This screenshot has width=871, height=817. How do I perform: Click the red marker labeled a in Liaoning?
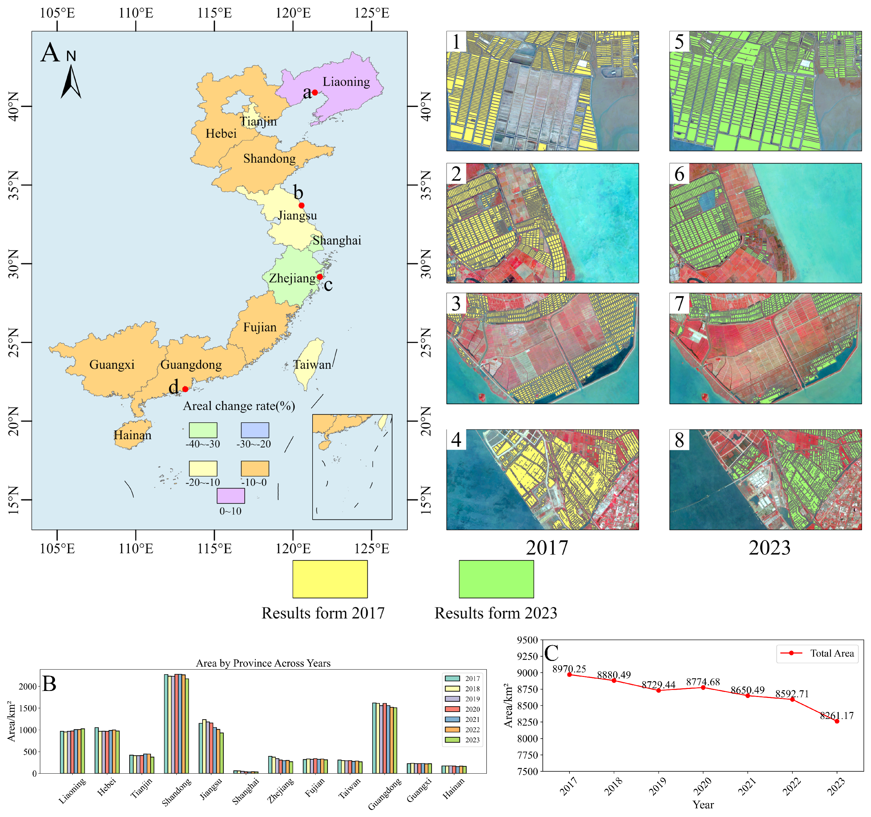pos(315,92)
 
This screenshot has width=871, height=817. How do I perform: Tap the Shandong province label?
pos(270,159)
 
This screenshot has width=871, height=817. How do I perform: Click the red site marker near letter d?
pos(185,389)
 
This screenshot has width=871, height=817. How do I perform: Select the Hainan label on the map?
pos(132,435)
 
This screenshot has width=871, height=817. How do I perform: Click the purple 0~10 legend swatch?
pos(231,496)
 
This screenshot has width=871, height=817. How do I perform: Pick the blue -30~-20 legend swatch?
pos(255,430)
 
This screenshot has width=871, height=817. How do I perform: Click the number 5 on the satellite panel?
pos(679,42)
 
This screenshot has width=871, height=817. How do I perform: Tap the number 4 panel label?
pos(456,440)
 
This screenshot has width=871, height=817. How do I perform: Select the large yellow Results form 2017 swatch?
pos(330,579)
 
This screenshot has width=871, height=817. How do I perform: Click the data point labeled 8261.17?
pos(837,721)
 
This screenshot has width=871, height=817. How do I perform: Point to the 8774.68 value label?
pos(703,682)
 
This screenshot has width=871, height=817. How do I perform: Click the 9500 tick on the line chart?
pos(527,640)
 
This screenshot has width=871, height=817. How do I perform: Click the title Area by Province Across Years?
pos(263,663)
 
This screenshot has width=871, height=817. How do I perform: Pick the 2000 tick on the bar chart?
pos(27,687)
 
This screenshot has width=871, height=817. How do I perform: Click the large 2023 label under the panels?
pos(769,548)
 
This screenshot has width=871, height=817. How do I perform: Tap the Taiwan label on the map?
pos(312,365)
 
